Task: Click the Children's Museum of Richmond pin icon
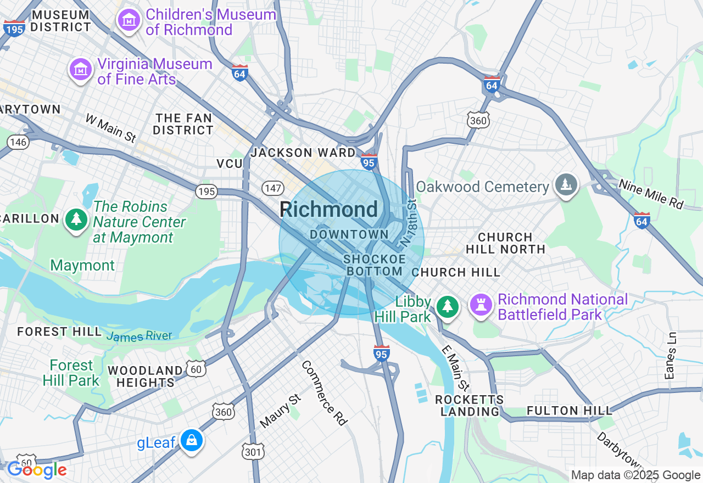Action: [129, 21]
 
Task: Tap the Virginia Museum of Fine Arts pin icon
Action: [81, 70]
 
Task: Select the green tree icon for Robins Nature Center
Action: [76, 220]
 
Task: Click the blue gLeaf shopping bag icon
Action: [192, 440]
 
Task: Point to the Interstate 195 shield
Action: [14, 27]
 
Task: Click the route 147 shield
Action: [272, 188]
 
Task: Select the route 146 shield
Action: [18, 142]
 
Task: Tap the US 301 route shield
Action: [253, 451]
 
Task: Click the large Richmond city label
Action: [328, 210]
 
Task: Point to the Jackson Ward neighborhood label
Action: [303, 153]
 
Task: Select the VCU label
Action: [230, 164]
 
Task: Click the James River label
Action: [139, 336]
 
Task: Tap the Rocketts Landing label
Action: [469, 405]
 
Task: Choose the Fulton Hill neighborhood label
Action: [569, 411]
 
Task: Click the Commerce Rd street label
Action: [324, 392]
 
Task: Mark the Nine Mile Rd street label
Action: [651, 194]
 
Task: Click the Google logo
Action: [36, 470]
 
